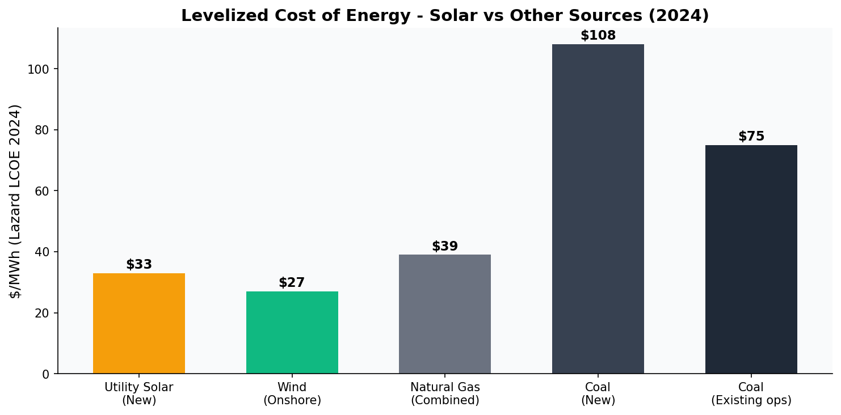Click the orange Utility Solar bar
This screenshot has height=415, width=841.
pyautogui.click(x=139, y=323)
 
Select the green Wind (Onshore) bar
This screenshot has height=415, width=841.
pyautogui.click(x=292, y=332)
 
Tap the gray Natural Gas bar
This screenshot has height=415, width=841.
pyautogui.click(x=445, y=314)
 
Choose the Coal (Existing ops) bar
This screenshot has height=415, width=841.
pyautogui.click(x=751, y=259)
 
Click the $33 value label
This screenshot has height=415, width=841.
pyautogui.click(x=139, y=265)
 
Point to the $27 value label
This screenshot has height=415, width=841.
pyautogui.click(x=292, y=283)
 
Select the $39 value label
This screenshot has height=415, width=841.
pyautogui.click(x=445, y=247)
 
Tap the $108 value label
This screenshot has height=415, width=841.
pyautogui.click(x=598, y=36)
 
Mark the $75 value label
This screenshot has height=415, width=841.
pyautogui.click(x=751, y=137)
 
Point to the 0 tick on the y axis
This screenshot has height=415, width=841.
pyautogui.click(x=46, y=374)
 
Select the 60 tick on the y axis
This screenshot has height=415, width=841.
pyautogui.click(x=42, y=191)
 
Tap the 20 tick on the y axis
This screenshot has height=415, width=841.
pyautogui.click(x=42, y=313)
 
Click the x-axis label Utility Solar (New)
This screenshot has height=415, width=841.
pyautogui.click(x=139, y=394)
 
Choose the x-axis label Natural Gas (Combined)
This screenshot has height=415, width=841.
pyautogui.click(x=445, y=394)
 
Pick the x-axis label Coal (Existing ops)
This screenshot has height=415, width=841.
pyautogui.click(x=751, y=394)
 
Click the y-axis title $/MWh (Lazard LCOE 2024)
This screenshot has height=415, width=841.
pyautogui.click(x=15, y=201)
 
